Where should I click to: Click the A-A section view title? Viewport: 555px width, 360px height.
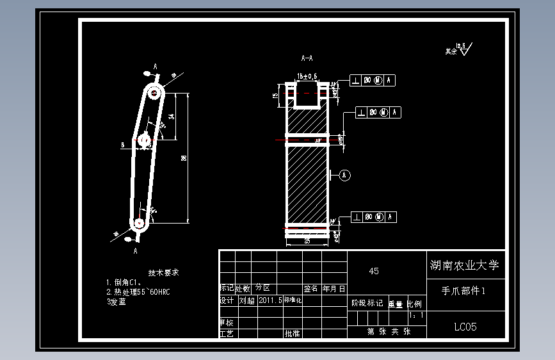307,58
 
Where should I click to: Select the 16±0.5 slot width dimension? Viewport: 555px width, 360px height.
307,76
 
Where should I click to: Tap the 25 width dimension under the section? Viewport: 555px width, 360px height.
307,241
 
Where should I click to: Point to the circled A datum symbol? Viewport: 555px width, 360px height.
345,174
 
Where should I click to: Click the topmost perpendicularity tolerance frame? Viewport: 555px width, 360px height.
373,80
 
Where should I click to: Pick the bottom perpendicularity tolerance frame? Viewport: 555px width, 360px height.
373,217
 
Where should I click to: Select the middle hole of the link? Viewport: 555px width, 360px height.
144,140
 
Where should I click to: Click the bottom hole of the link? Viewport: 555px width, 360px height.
138,223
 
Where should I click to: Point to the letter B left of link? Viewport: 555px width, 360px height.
122,145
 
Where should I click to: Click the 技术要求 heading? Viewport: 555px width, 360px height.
163,272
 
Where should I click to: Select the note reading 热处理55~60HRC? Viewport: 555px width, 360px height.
141,292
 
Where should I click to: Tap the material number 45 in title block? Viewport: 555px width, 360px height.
374,271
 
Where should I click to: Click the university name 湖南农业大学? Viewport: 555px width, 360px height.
463,265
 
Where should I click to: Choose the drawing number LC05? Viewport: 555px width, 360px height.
465,327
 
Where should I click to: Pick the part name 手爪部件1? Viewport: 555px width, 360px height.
464,290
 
